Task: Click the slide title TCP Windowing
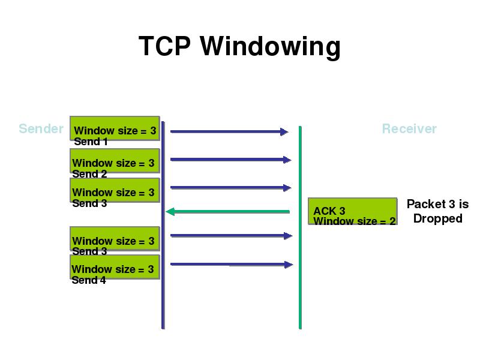point(239,46)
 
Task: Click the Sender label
point(41,128)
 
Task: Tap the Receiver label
point(409,128)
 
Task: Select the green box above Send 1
point(115,127)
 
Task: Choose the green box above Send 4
point(115,266)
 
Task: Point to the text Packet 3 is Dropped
point(437,211)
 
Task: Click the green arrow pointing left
point(228,211)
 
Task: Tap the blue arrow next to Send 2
point(230,160)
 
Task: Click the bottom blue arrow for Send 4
point(232,264)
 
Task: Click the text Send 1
point(91,142)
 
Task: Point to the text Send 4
point(89,280)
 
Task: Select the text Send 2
point(89,174)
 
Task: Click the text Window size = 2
point(354,221)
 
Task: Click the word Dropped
point(437,218)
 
